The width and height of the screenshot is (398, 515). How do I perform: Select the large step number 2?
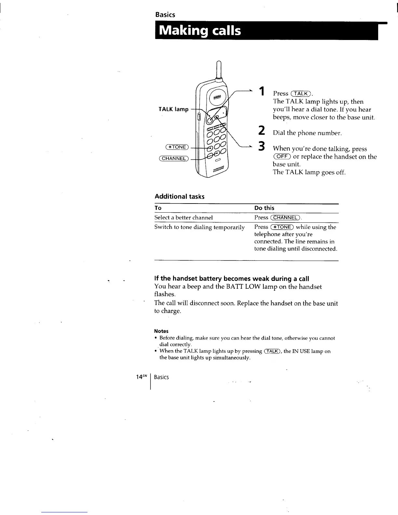(260, 130)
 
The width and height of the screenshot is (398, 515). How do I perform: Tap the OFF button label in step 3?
(282, 157)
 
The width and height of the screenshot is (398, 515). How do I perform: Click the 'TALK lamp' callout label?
(173, 109)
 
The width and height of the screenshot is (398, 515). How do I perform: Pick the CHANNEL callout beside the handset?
(174, 158)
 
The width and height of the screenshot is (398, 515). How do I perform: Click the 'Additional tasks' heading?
(179, 196)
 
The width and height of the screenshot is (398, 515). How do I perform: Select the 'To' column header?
(158, 208)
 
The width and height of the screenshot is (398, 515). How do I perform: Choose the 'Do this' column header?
(264, 208)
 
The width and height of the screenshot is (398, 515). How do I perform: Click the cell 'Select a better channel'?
(183, 218)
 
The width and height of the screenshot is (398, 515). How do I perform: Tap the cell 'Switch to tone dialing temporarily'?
(199, 227)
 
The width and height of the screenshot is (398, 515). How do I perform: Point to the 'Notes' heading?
(161, 331)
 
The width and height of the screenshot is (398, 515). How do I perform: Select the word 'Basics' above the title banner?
(165, 15)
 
